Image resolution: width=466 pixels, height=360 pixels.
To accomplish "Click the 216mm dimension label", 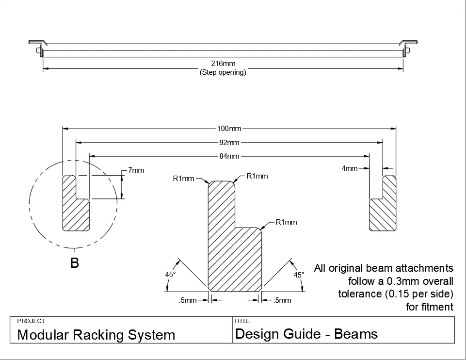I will tap(223, 64).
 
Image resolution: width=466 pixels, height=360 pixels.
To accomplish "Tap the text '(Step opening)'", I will tap(223, 73).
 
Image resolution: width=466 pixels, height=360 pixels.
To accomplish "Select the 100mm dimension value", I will tap(229, 129).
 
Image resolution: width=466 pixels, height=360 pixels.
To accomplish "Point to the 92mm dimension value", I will tap(229, 143).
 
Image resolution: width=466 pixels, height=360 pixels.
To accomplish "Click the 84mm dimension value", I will tap(229, 156).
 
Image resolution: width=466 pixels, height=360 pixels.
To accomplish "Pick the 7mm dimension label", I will tap(136, 170).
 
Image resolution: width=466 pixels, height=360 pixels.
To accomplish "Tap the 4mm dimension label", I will tap(350, 168).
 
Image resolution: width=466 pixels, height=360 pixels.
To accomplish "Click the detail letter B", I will tap(75, 263).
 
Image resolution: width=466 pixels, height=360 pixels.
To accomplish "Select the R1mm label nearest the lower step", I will tap(286, 222).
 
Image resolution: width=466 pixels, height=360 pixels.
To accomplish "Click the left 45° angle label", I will tap(170, 275).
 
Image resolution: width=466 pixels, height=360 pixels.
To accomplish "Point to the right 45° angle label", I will tap(299, 275).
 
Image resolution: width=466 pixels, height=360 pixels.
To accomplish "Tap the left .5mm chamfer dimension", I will tap(188, 300).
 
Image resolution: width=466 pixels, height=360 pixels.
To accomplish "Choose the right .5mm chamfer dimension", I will tap(282, 300).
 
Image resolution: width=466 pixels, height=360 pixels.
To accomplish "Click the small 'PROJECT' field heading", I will tap(31, 321).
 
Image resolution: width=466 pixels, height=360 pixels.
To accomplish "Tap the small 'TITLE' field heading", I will tap(242, 321).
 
